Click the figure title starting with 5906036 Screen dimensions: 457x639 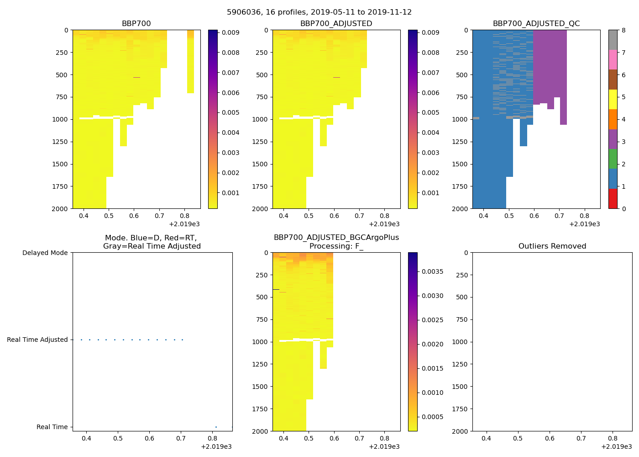(x=319, y=12)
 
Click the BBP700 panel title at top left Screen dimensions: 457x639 (x=136, y=23)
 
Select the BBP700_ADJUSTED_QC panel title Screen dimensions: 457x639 (x=536, y=23)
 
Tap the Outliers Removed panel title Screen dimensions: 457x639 (x=552, y=246)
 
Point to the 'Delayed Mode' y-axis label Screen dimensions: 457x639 (x=45, y=253)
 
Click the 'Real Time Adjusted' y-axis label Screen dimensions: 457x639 (x=37, y=340)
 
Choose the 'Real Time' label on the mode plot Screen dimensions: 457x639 (x=52, y=427)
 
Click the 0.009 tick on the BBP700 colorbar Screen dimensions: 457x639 (x=230, y=32)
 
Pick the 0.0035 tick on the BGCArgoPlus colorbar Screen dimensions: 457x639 (x=431, y=271)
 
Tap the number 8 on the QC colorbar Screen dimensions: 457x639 (x=623, y=30)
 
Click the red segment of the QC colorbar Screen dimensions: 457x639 (x=613, y=199)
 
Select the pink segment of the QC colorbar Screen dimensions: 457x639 (x=613, y=59)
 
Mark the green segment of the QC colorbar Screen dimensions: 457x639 (x=613, y=159)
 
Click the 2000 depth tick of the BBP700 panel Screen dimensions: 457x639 (x=60, y=208)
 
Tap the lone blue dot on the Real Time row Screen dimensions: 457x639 (x=216, y=427)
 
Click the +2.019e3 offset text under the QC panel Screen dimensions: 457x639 (x=584, y=224)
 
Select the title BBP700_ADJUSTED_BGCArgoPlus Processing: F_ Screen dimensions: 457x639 (x=336, y=242)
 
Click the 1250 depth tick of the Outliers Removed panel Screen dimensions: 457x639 (x=460, y=364)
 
